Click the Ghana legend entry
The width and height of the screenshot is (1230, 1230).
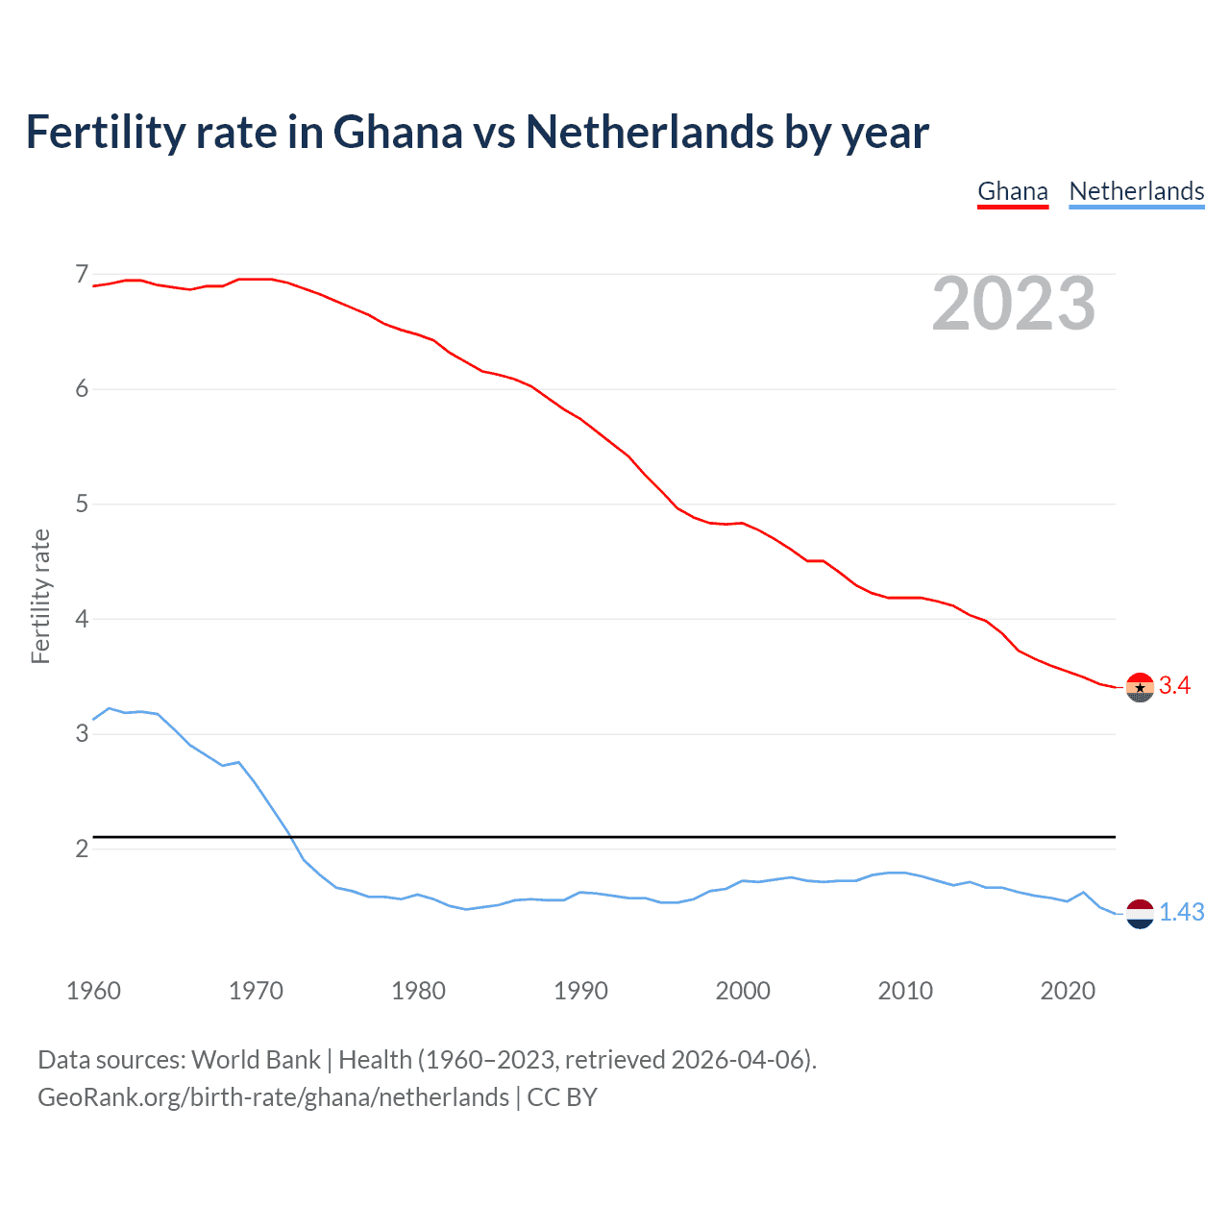pyautogui.click(x=1012, y=191)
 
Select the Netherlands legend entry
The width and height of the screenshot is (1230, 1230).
pyautogui.click(x=1136, y=191)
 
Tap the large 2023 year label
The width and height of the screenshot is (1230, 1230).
pyautogui.click(x=1013, y=304)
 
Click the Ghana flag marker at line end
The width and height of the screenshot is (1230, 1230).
pyautogui.click(x=1139, y=687)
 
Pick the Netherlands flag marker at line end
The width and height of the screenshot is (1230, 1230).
pyautogui.click(x=1139, y=914)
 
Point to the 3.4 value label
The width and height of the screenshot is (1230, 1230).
pyautogui.click(x=1174, y=685)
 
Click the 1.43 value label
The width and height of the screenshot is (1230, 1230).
pyautogui.click(x=1181, y=912)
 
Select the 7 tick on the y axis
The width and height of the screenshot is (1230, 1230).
pyautogui.click(x=82, y=275)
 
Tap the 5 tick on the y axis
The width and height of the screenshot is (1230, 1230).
pyautogui.click(x=82, y=504)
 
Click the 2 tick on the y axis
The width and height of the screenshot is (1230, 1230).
pyautogui.click(x=82, y=849)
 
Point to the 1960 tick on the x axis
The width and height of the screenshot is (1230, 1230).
pyautogui.click(x=93, y=991)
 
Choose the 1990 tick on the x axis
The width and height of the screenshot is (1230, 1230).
pyautogui.click(x=580, y=991)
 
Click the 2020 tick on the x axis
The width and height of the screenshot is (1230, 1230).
pyautogui.click(x=1068, y=991)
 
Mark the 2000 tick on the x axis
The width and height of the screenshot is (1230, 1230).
pyautogui.click(x=743, y=991)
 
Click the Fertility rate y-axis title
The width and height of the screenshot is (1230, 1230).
pyautogui.click(x=40, y=596)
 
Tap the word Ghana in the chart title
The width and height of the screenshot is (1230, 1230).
pyautogui.click(x=397, y=132)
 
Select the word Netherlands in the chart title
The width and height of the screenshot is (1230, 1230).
pyautogui.click(x=649, y=132)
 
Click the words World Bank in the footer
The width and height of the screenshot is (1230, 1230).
pyautogui.click(x=256, y=1060)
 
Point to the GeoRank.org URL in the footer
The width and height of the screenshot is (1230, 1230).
pyautogui.click(x=273, y=1097)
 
